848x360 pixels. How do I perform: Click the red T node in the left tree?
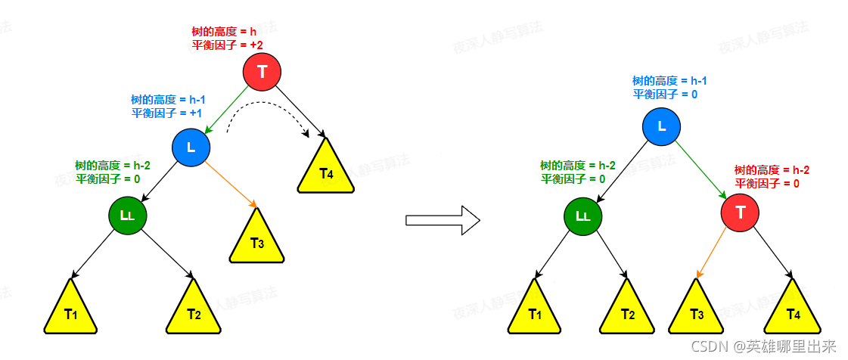pos(262,73)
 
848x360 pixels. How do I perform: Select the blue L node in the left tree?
pos(191,147)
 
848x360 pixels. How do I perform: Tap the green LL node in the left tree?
pos(127,216)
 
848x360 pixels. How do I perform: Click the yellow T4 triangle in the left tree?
pos(326,170)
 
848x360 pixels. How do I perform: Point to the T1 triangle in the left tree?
pos(70,312)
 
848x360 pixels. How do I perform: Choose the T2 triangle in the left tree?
pos(193,312)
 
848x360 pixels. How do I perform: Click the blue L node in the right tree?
pos(662,126)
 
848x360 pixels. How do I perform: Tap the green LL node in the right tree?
pos(582,216)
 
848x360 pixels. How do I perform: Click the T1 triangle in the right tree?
pos(535,312)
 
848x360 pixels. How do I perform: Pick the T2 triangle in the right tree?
pos(627,312)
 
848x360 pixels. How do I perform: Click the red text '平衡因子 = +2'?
pos(227,45)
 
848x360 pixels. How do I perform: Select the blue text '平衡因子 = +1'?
pos(166,113)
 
